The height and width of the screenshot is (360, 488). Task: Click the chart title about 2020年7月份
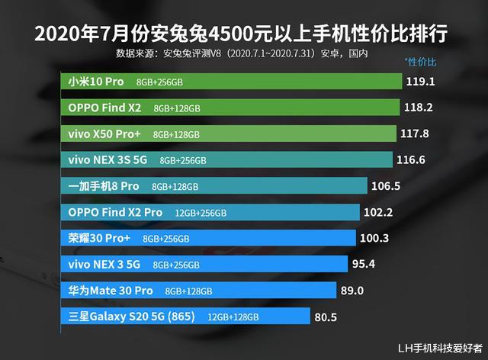point(243,34)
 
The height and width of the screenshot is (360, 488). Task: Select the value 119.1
point(422,81)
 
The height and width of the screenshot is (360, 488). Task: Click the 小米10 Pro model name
point(96,81)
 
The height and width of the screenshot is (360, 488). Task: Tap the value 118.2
point(417,108)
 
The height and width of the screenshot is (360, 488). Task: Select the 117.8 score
point(415,133)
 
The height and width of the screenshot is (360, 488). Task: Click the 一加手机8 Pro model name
point(104,185)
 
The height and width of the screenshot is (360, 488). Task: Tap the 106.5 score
point(386,185)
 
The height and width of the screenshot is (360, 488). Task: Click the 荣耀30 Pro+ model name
point(99,238)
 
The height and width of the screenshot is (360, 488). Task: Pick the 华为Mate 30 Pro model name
point(111,290)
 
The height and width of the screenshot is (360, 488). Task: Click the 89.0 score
point(352,290)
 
